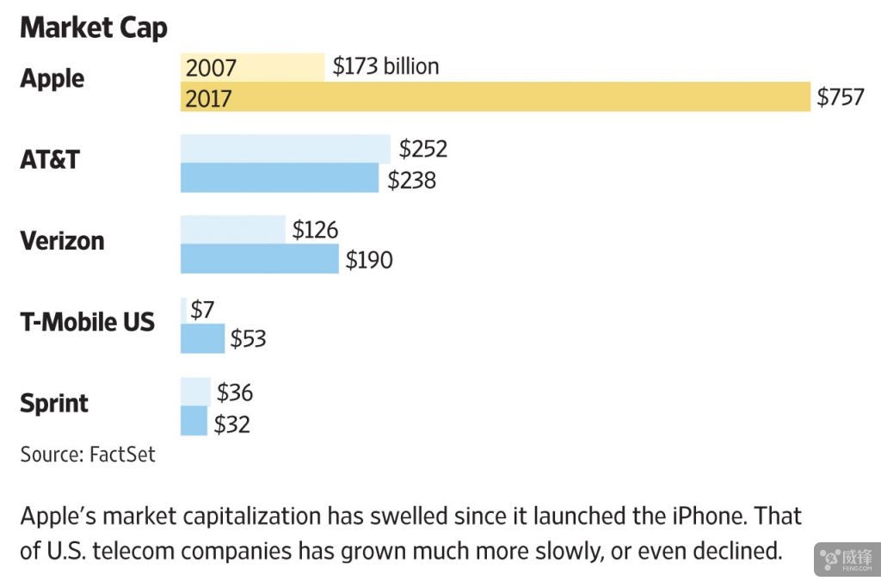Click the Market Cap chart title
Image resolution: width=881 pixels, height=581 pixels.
(x=94, y=28)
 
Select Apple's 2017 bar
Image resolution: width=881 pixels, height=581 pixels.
(x=495, y=97)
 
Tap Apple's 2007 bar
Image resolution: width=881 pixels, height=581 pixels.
(x=252, y=67)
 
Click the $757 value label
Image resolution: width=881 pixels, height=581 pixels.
(x=841, y=97)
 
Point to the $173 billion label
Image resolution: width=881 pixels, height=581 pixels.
(x=385, y=66)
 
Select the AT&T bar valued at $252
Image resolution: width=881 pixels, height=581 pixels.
(x=285, y=149)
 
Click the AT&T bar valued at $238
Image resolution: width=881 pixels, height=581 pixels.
(x=279, y=178)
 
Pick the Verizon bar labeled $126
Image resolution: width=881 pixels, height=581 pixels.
(x=232, y=230)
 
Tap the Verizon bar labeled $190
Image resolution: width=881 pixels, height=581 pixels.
(x=259, y=259)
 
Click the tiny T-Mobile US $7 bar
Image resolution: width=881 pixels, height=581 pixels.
(x=183, y=310)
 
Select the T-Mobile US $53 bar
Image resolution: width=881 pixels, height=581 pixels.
(x=202, y=339)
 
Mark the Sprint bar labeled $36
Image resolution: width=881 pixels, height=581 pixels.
(x=195, y=392)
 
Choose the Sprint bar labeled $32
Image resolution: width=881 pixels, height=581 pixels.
(x=194, y=421)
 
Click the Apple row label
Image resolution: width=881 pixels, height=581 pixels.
(x=52, y=78)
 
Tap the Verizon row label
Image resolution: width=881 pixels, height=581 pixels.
(x=62, y=240)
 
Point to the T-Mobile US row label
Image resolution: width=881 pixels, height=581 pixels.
(x=87, y=322)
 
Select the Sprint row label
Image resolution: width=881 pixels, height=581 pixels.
(x=54, y=403)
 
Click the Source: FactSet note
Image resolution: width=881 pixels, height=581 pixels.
(x=88, y=454)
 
